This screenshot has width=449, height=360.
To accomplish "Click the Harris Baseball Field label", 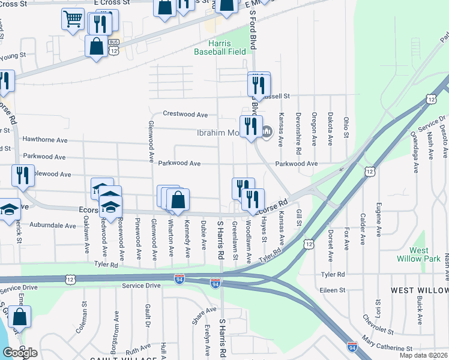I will (220, 47).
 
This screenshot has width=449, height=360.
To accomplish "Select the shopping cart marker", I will (73, 19).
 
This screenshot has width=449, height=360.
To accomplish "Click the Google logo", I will (20, 353).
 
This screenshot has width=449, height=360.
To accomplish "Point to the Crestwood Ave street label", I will (185, 114).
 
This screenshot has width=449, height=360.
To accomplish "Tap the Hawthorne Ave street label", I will (45, 139).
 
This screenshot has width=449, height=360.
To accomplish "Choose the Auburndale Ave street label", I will (54, 226).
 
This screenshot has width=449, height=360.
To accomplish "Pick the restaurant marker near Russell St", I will (259, 83).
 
